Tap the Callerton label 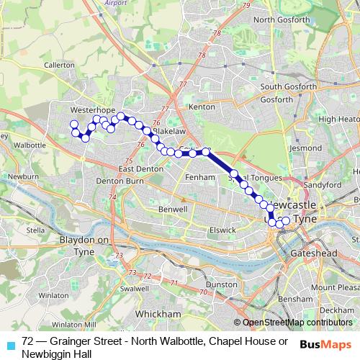pos(59,65)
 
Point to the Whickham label pos(159,314)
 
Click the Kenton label pos(202,107)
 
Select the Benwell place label pos(173,209)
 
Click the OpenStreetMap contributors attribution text pos(295,323)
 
